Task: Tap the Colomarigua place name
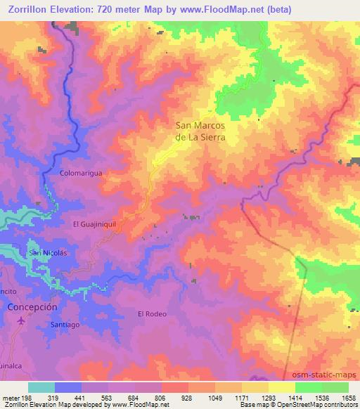coord(82,172)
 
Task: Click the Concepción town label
coord(32,307)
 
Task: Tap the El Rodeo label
coord(152,313)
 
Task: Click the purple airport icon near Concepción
coord(20,320)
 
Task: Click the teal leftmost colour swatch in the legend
coord(41,387)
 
